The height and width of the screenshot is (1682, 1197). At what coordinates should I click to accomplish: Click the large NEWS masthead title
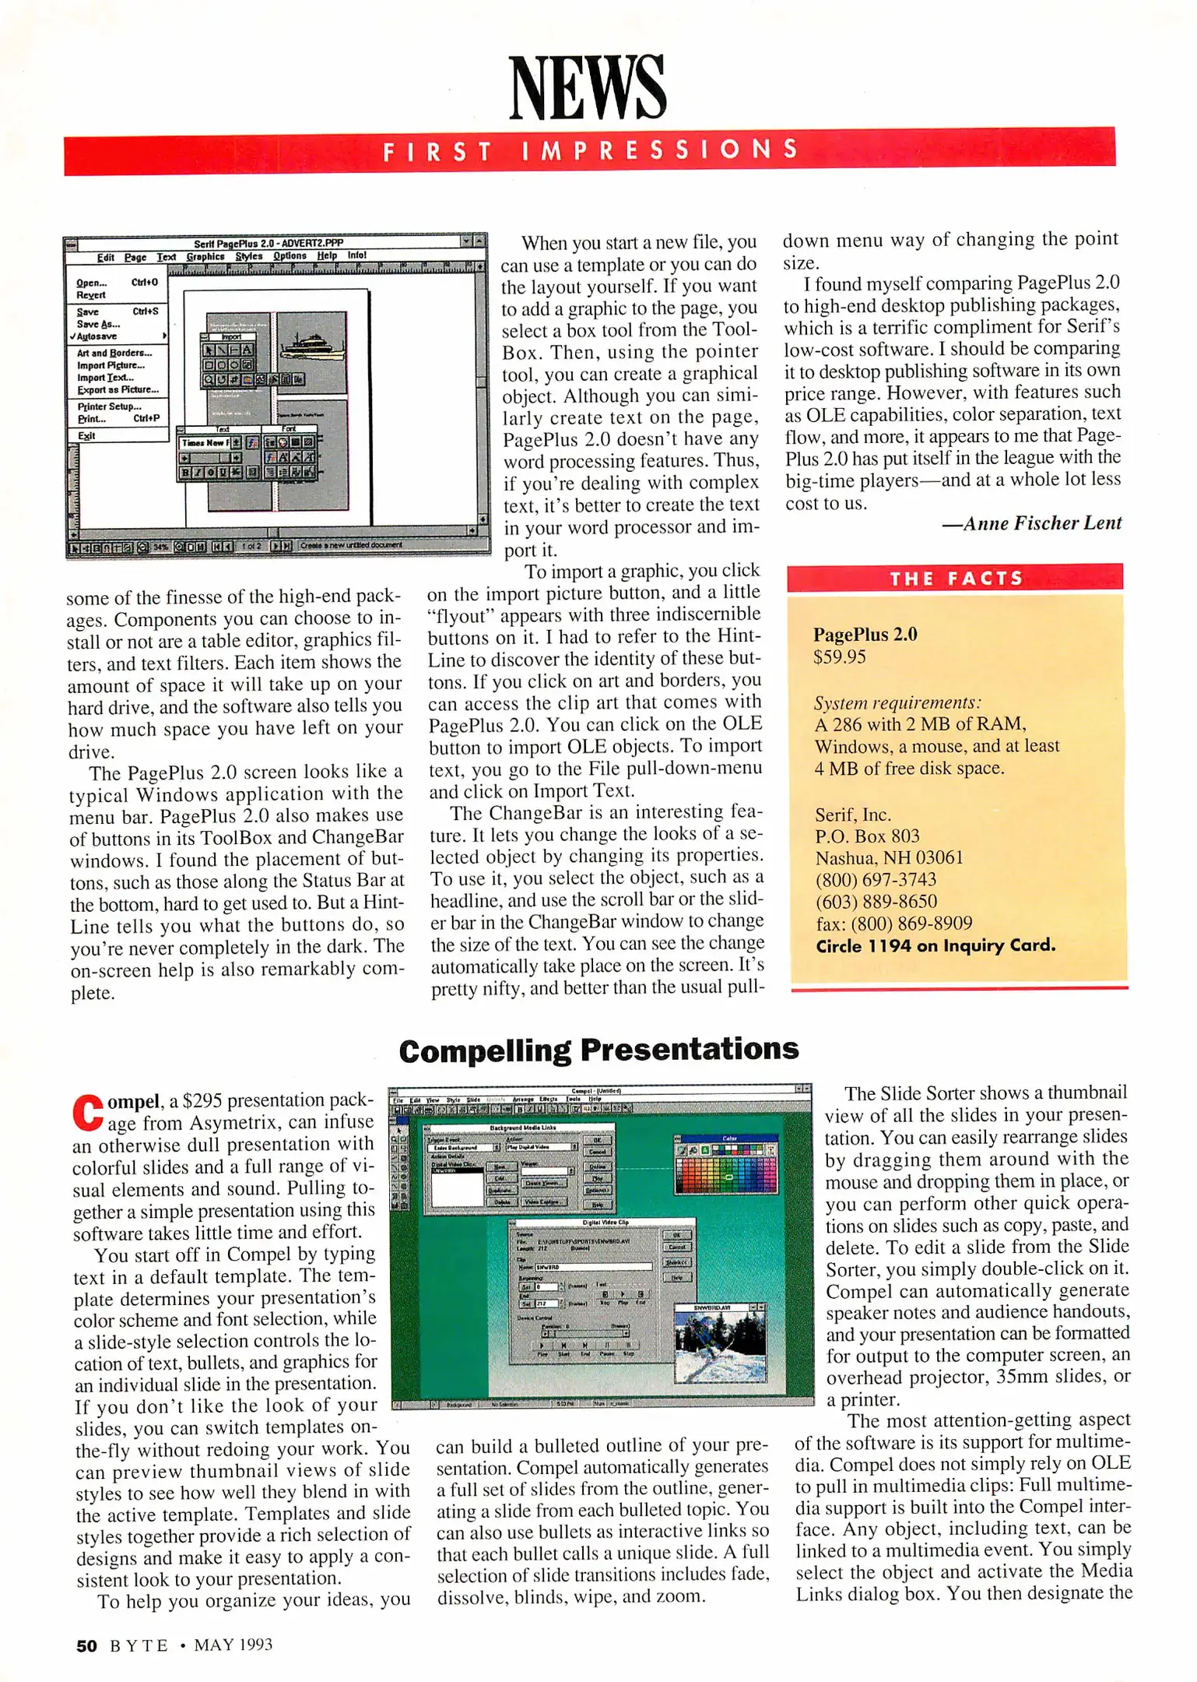(588, 87)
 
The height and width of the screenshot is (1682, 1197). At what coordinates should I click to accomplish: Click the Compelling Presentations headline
(598, 1050)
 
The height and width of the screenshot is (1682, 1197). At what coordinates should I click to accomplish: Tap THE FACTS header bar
(955, 579)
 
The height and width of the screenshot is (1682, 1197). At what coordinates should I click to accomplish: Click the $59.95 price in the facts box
(839, 657)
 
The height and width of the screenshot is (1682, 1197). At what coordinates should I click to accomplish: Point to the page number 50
(86, 1645)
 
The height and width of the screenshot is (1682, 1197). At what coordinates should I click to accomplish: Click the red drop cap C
(87, 1111)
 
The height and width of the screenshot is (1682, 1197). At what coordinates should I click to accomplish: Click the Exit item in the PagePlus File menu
(86, 436)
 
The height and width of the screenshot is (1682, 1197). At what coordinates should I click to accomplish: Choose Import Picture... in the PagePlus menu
(111, 365)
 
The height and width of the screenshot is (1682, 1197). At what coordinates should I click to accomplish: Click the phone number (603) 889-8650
(876, 902)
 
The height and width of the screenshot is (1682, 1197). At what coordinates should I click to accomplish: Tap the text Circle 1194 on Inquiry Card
(935, 946)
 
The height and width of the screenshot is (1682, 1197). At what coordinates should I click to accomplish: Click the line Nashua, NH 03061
(889, 858)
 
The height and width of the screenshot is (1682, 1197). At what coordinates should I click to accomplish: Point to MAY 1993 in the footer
(233, 1645)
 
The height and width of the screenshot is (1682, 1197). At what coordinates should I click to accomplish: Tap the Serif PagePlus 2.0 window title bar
(269, 243)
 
